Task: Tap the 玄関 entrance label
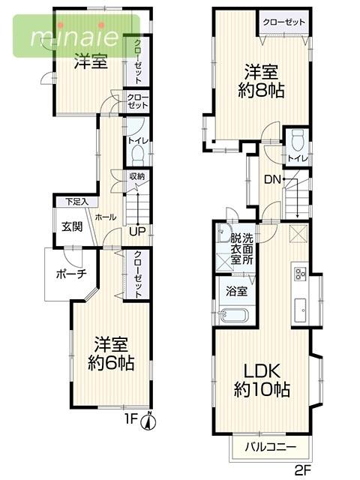72,226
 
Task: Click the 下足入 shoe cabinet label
76,202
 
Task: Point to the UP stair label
136,230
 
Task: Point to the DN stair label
273,179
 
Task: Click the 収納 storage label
136,177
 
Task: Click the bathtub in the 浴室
235,315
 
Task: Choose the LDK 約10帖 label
261,379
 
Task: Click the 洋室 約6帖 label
112,354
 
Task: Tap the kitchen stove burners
300,273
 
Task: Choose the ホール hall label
105,217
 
